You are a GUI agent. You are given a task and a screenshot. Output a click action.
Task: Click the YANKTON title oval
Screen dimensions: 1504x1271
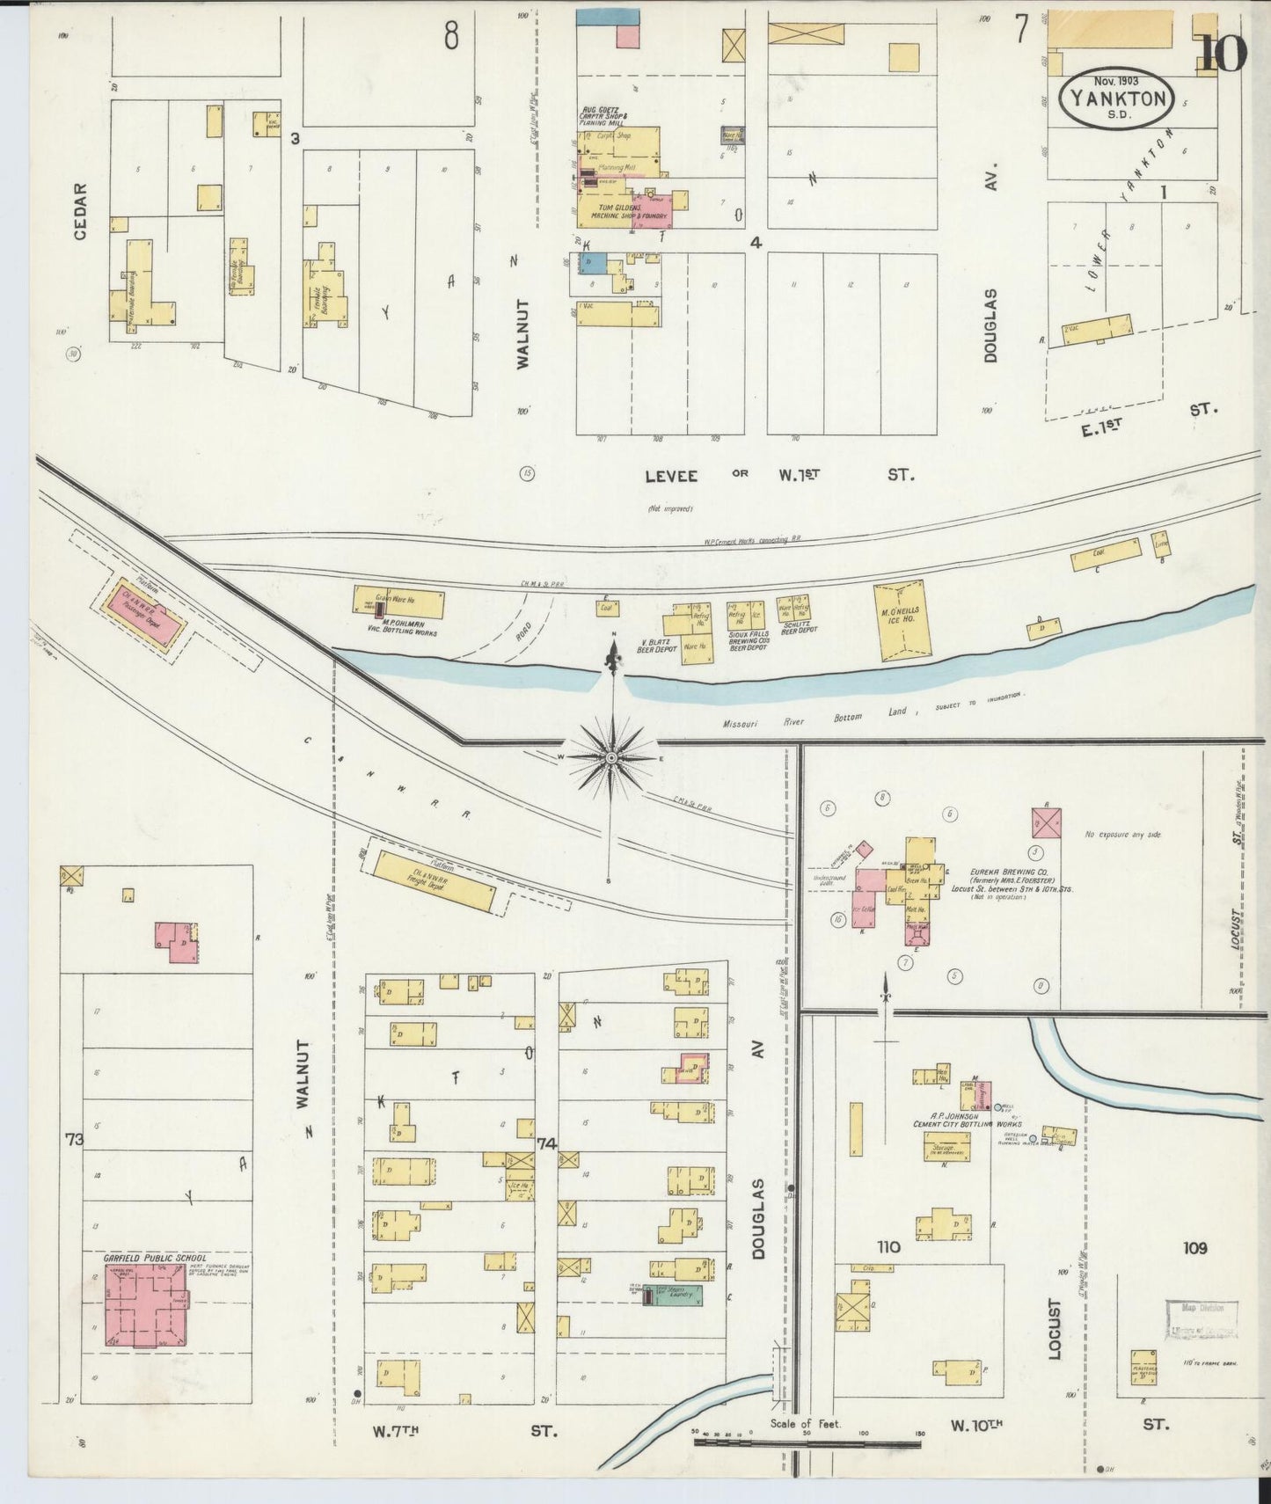[x=1118, y=99]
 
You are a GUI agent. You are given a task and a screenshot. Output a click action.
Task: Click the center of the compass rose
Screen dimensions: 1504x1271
[x=611, y=757]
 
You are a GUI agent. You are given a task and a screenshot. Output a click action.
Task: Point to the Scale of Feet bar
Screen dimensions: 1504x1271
[x=806, y=1442]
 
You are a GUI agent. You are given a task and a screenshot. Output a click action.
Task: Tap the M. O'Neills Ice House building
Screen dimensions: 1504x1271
[x=902, y=620]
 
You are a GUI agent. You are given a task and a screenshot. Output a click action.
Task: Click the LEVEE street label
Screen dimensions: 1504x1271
[x=671, y=476]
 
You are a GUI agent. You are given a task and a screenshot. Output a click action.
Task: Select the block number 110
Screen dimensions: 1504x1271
[x=888, y=1246]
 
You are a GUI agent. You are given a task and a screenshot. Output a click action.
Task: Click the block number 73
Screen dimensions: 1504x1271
[x=73, y=1140]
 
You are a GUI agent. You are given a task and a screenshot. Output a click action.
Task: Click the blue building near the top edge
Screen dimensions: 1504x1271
[x=608, y=17]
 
